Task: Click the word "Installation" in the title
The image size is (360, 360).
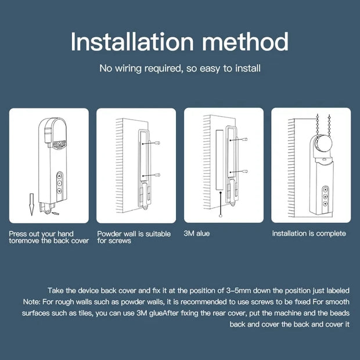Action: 132,42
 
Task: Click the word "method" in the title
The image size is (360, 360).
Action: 244,42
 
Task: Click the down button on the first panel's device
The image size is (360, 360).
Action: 59,189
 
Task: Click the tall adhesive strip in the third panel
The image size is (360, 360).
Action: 219,160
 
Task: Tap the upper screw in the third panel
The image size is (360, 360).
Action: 246,141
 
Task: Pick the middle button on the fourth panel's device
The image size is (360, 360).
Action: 326,197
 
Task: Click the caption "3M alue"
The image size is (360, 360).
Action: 196,233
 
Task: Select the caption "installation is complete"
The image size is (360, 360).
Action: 309,233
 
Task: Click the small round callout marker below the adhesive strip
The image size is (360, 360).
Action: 220,215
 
